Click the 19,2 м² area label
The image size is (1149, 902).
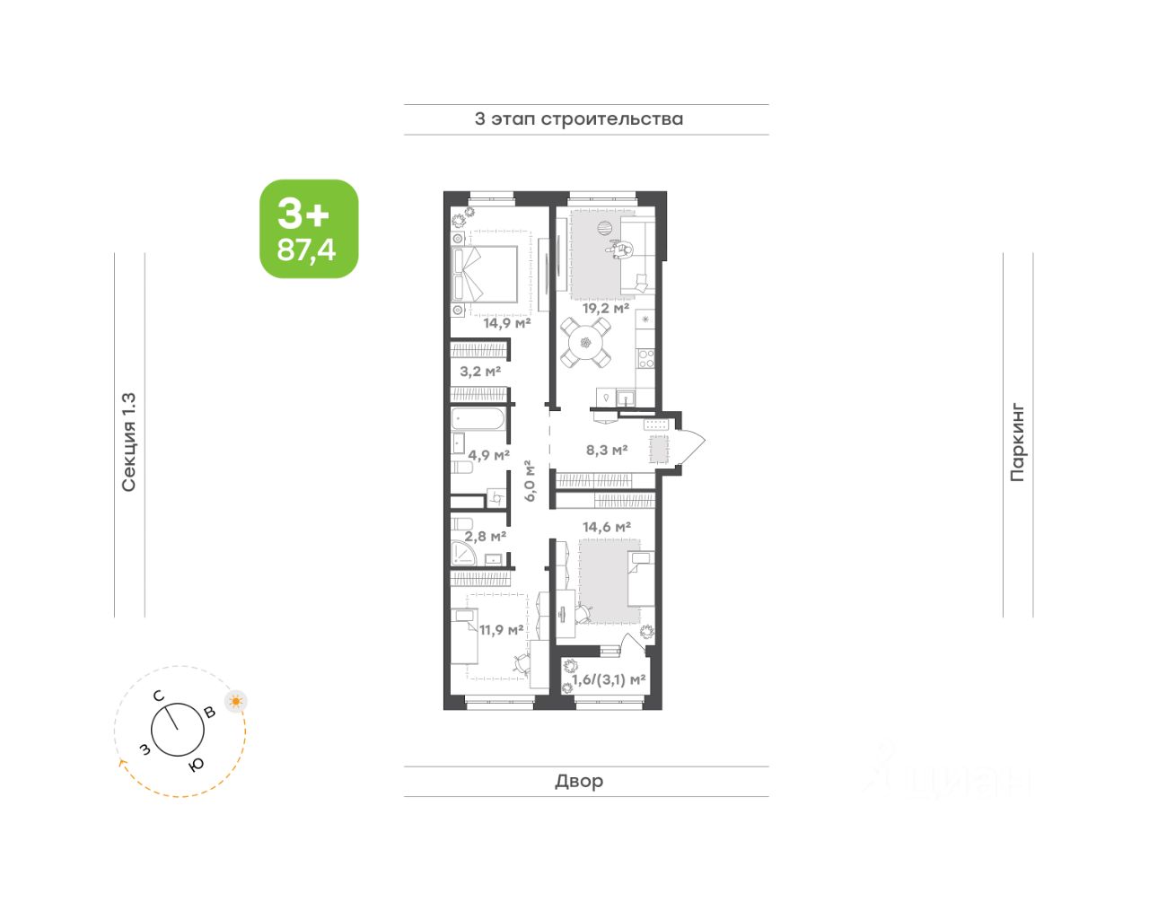606,307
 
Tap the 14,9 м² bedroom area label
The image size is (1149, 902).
507,322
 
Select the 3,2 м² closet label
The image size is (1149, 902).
480,371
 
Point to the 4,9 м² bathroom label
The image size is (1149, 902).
488,454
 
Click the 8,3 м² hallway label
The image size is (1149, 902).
607,450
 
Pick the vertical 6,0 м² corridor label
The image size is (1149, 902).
531,481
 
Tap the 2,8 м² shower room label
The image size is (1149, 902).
486,537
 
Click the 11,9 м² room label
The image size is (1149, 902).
501,629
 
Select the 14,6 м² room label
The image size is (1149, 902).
607,527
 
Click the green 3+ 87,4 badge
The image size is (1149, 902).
309,229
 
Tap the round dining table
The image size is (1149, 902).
585,343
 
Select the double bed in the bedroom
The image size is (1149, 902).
485,275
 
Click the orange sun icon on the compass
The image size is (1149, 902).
235,701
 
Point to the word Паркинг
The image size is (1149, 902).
1017,442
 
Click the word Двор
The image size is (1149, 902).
579,781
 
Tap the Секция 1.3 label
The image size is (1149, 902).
129,442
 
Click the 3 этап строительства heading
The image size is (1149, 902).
578,118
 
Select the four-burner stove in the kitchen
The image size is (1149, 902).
646,358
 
